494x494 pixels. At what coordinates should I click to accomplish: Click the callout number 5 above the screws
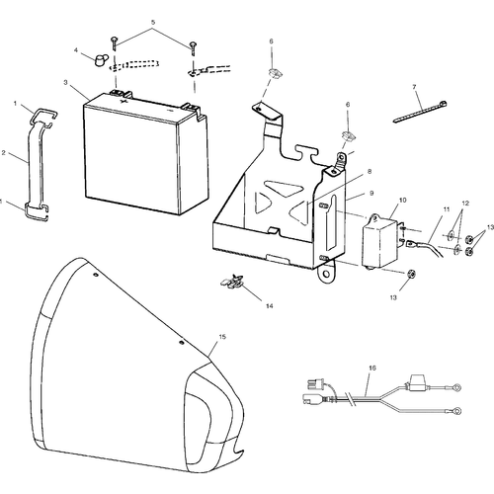(153, 23)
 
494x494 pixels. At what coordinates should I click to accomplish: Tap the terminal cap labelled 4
(100, 60)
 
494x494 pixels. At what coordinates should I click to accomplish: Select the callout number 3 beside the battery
(65, 82)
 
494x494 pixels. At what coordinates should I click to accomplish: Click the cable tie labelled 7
(420, 112)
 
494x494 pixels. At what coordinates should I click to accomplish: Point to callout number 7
(414, 87)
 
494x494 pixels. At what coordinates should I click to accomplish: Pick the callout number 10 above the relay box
(402, 200)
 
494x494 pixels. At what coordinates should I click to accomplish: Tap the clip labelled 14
(232, 282)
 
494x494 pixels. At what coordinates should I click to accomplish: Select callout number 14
(270, 306)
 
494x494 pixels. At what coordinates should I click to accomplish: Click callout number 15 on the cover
(222, 337)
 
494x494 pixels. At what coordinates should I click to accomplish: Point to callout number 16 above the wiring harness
(371, 368)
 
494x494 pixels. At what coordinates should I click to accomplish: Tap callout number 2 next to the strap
(4, 153)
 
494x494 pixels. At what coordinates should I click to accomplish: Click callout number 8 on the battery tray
(370, 172)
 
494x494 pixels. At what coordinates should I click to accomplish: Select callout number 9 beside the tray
(371, 193)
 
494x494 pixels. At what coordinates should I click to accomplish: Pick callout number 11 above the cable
(447, 209)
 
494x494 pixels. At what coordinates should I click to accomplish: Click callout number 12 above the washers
(465, 204)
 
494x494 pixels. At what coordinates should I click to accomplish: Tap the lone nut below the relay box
(411, 274)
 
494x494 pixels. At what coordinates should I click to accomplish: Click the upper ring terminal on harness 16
(456, 387)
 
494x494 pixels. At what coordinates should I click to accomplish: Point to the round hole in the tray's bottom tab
(326, 275)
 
